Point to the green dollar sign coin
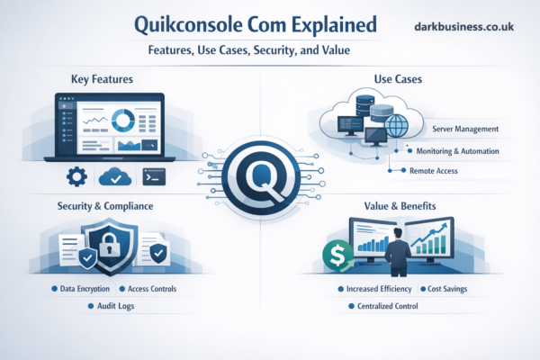(342, 257)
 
